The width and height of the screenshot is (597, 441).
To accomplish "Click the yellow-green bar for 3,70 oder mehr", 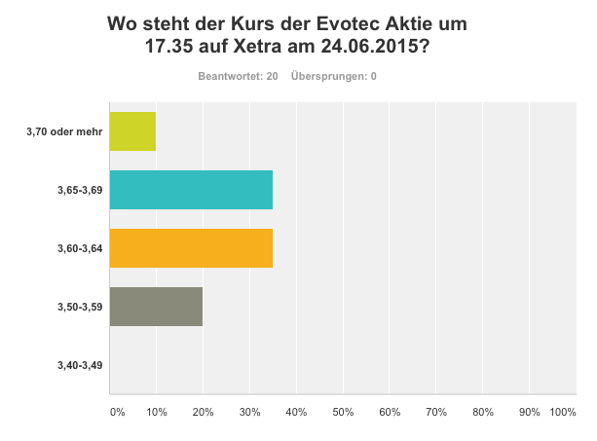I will click(x=132, y=131).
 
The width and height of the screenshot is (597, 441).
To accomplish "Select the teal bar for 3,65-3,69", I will click(x=191, y=190).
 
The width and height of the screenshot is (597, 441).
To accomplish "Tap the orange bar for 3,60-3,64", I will click(x=191, y=248).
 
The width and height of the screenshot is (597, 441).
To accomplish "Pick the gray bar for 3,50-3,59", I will click(x=156, y=307).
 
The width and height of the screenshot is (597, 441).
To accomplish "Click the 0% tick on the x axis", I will click(x=117, y=413).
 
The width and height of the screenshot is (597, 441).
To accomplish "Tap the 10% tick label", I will click(x=156, y=413).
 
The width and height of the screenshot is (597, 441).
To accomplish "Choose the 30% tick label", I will click(x=249, y=413).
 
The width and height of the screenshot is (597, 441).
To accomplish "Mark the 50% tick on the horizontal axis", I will click(x=343, y=413).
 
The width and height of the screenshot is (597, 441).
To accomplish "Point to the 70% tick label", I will click(x=435, y=413).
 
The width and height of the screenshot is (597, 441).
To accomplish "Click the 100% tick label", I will click(x=563, y=413).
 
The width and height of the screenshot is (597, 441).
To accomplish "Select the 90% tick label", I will click(x=529, y=413).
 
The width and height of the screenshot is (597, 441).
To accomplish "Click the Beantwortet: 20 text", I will click(x=239, y=76).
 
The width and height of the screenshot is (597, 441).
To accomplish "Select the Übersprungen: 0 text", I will click(x=334, y=76).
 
